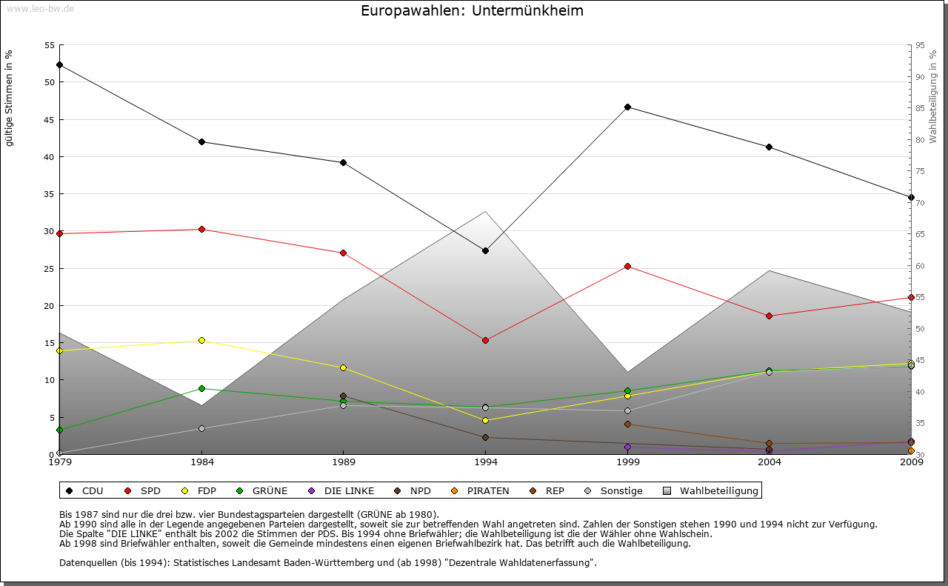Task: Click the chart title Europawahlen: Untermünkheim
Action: pyautogui.click(x=472, y=11)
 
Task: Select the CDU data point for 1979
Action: pyautogui.click(x=59, y=64)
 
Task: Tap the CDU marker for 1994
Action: pyautogui.click(x=485, y=250)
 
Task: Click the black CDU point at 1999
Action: pyautogui.click(x=627, y=107)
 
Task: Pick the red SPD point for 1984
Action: pyautogui.click(x=201, y=229)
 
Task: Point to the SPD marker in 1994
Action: pyautogui.click(x=485, y=340)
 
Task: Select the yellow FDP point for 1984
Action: pyautogui.click(x=201, y=340)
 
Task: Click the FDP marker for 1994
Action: pyautogui.click(x=485, y=420)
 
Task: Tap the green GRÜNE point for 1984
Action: pyautogui.click(x=201, y=388)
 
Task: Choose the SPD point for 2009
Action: pyautogui.click(x=911, y=297)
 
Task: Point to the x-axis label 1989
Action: pyautogui.click(x=344, y=463)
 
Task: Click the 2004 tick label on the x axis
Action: pyautogui.click(x=770, y=463)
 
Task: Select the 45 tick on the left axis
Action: pyautogui.click(x=50, y=119)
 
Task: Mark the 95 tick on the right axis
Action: pyautogui.click(x=920, y=45)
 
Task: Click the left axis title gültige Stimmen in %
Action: pyautogui.click(x=10, y=98)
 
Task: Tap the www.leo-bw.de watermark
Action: pyautogui.click(x=41, y=8)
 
